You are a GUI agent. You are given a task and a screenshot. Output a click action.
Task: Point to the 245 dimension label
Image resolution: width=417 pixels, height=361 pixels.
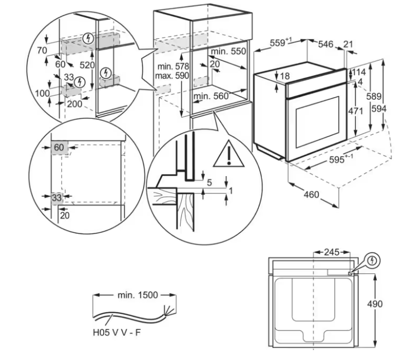pos(331,252)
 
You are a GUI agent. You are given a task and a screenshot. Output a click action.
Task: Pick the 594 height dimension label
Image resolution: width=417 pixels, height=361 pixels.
pos(379,109)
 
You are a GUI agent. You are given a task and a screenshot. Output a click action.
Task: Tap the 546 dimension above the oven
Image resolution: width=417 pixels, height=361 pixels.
pos(326,44)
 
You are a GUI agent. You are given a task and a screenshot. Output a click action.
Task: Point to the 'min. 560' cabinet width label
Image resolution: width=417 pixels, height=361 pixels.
pos(211,97)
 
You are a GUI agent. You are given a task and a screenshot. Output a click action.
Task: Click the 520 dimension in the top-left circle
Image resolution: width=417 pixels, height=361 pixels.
pos(87,65)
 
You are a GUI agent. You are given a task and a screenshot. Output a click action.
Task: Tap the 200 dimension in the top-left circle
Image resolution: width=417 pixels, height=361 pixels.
pos(75,104)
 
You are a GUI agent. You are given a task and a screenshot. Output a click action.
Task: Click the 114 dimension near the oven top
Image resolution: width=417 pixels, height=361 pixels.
pos(358,72)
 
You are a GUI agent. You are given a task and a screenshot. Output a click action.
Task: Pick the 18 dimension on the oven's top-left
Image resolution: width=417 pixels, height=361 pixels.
pos(284,76)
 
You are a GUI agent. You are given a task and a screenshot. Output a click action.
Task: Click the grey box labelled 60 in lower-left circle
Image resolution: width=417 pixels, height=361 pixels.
pos(59,148)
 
